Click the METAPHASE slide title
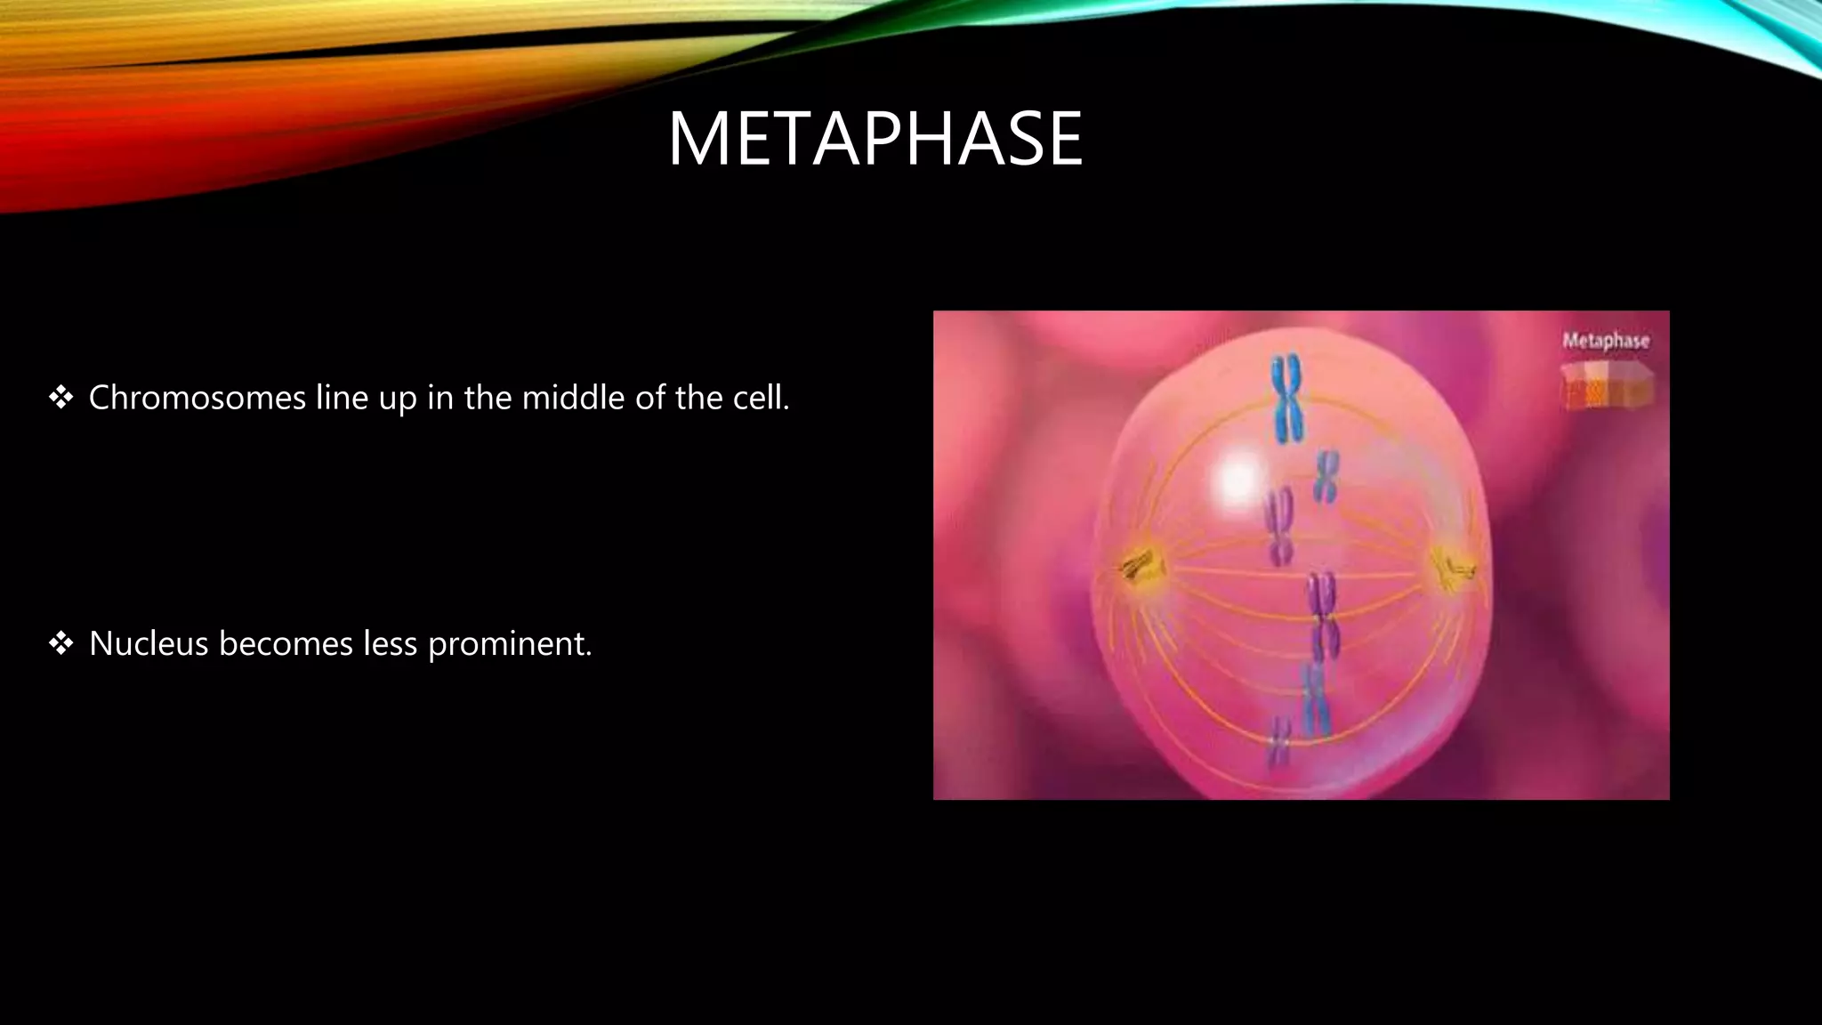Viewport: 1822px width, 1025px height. point(875,139)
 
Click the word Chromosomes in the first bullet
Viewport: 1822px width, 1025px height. point(198,398)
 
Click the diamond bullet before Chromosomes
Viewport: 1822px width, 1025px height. point(61,398)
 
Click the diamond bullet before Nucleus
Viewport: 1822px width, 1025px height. point(61,643)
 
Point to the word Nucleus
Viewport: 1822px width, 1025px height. point(148,643)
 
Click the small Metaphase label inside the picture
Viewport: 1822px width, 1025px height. point(1606,341)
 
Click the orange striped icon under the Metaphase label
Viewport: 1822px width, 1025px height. point(1606,387)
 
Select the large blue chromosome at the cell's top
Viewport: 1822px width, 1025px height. point(1286,399)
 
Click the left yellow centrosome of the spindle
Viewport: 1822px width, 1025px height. point(1138,566)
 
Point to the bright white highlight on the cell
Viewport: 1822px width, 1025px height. point(1238,480)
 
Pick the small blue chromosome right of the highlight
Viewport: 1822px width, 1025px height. point(1326,476)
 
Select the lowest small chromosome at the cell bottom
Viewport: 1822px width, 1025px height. point(1279,742)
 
